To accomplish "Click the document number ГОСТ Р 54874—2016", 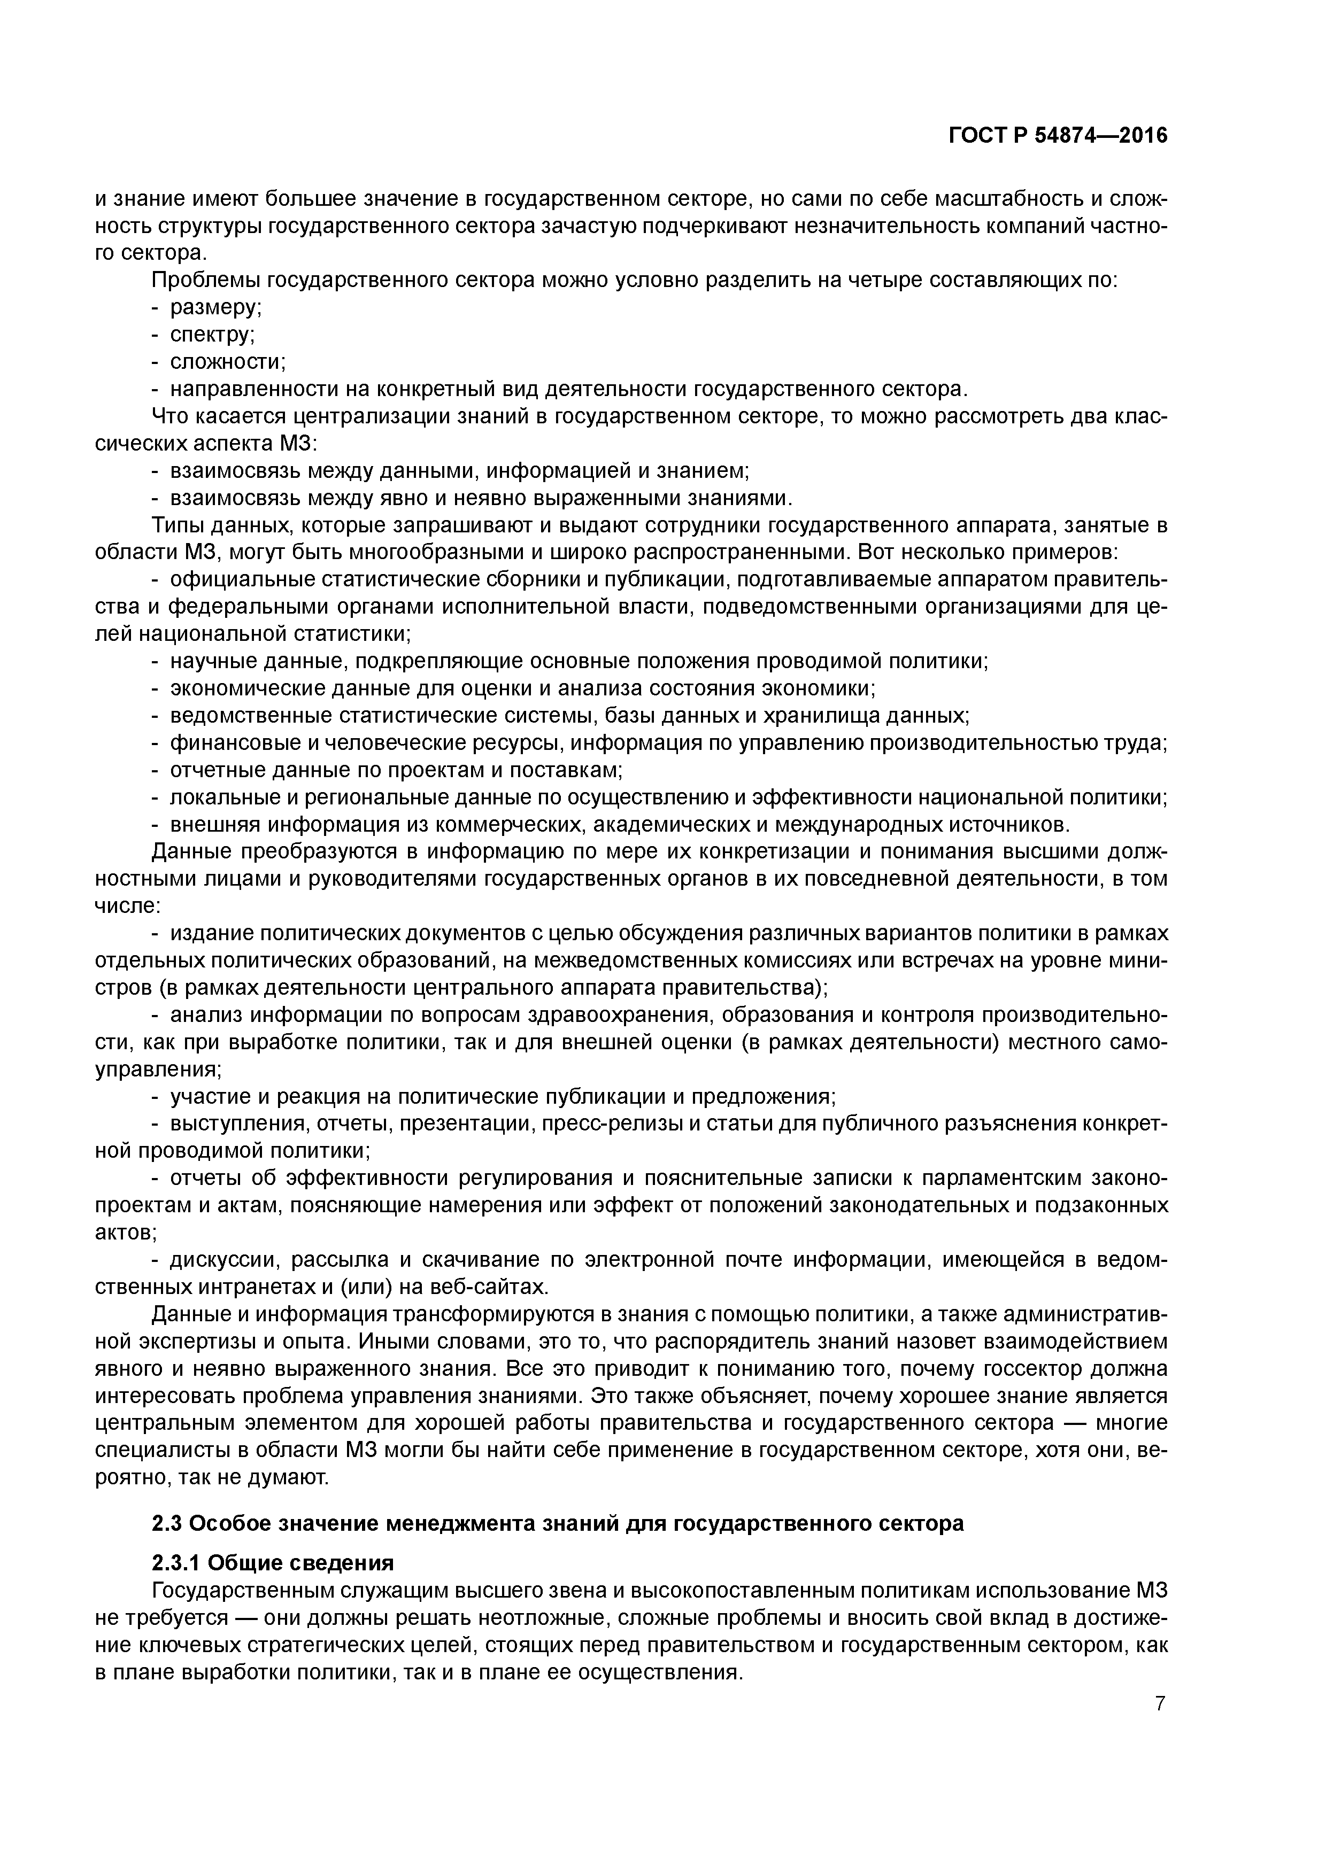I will pos(1058,136).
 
